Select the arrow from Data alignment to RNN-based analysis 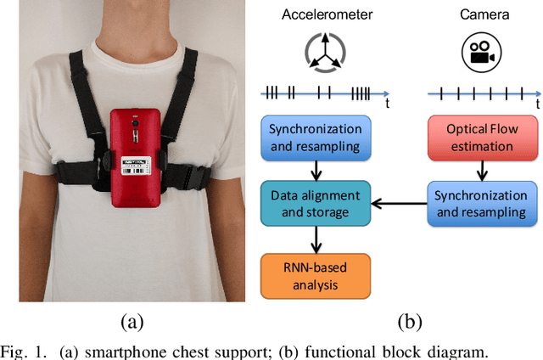pos(315,240)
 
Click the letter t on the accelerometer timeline pos(386,104)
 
